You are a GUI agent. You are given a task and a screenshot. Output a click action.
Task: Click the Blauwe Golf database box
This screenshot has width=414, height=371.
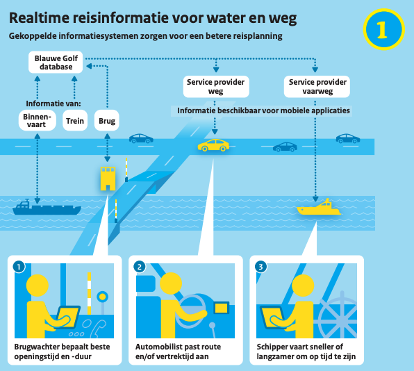56,63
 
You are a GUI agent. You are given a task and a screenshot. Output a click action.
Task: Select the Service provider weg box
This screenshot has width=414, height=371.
216,87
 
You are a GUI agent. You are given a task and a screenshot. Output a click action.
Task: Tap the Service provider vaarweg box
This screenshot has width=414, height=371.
317,87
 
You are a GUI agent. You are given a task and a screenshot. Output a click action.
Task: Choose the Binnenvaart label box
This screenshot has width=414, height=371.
37,121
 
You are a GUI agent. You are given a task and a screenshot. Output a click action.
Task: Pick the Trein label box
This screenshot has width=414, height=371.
75,121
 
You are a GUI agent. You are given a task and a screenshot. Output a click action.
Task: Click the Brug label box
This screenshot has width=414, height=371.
107,121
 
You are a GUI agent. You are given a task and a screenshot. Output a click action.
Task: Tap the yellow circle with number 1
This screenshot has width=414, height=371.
383,29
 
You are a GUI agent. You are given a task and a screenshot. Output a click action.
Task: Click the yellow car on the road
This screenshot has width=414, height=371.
213,145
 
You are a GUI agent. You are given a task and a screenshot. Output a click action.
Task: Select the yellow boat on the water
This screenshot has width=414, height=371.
319,207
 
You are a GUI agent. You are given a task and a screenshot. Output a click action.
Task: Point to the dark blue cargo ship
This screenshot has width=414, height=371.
47,208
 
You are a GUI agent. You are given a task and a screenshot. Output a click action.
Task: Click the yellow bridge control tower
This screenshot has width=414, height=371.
108,179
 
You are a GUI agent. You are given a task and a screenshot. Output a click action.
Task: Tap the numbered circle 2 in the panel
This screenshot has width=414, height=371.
140,267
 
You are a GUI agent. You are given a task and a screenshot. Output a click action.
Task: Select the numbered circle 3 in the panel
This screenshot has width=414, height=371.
260,267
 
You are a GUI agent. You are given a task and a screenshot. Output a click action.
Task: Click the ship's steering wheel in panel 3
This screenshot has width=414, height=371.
340,315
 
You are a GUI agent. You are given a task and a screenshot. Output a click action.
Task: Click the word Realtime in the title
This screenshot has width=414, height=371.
40,18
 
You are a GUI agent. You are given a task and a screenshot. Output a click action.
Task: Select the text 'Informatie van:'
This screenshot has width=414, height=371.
53,104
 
